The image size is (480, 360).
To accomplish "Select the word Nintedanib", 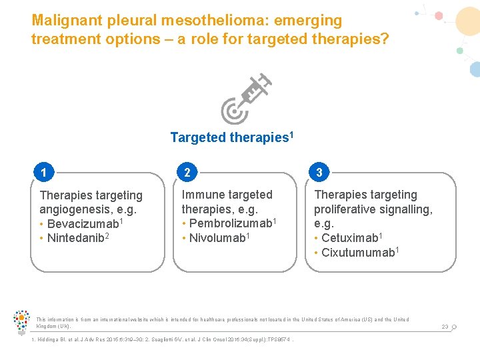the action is pyautogui.click(x=75, y=237).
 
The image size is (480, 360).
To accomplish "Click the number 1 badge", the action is pyautogui.click(x=43, y=173).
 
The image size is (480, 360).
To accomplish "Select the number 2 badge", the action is pyautogui.click(x=187, y=173).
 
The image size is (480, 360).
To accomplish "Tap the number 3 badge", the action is pyautogui.click(x=319, y=173).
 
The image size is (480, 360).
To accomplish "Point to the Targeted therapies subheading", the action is pyautogui.click(x=229, y=137).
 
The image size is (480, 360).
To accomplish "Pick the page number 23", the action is pyautogui.click(x=445, y=327).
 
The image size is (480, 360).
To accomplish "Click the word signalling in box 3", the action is pyautogui.click(x=407, y=209).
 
